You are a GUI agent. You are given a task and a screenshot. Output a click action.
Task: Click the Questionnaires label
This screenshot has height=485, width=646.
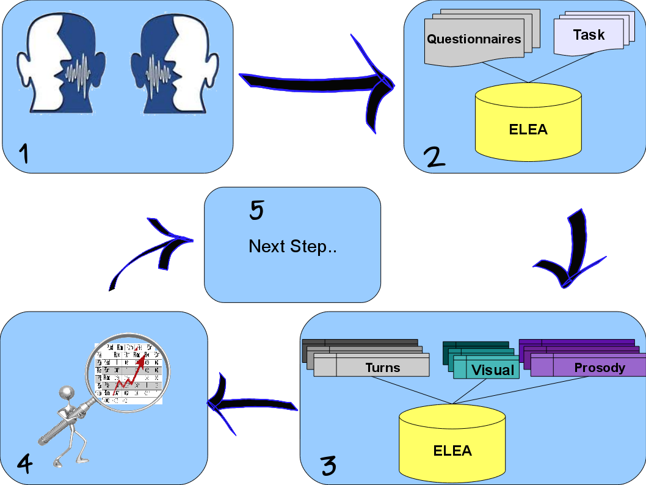point(474,39)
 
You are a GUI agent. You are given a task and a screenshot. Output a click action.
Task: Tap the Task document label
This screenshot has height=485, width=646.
point(589,35)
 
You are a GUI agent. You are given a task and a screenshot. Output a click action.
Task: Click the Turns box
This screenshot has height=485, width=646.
point(383,367)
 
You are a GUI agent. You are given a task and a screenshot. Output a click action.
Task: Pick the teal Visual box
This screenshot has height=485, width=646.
point(492,370)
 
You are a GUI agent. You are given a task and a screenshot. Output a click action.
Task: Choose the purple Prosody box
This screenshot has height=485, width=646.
point(599,367)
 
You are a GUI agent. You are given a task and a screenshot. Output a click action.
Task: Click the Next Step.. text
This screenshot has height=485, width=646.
point(294,247)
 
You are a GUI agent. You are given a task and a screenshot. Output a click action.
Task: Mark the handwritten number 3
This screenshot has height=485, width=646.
point(328,465)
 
